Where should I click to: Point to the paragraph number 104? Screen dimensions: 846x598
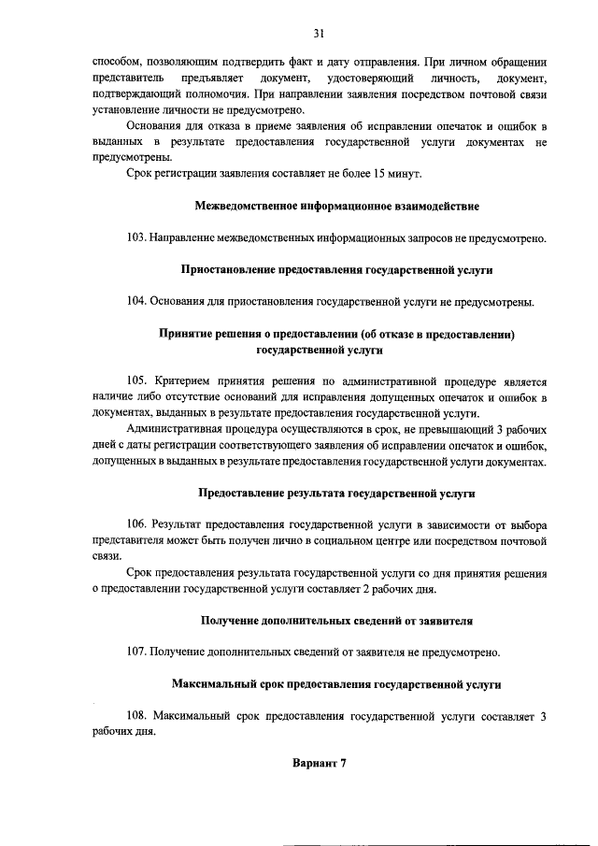(136, 301)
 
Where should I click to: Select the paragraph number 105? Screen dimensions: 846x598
(136, 380)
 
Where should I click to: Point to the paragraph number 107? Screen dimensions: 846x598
(136, 652)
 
